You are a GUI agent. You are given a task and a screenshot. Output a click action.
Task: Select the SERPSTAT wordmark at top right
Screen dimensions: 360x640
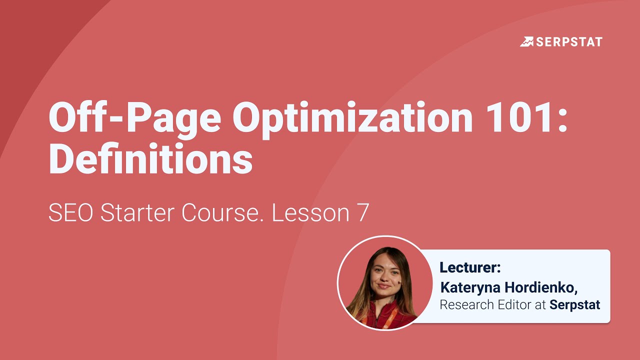[x=569, y=41]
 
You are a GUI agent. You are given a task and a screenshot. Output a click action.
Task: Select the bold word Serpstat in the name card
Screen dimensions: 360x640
[x=575, y=304]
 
